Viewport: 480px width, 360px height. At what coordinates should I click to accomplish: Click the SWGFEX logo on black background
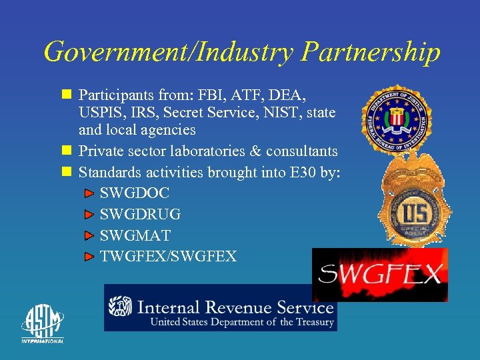379,275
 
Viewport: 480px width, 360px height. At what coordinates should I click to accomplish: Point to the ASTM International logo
42,323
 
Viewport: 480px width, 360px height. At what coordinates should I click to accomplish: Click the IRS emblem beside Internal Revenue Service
120,307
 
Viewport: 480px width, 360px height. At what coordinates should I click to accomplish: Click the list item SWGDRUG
140,215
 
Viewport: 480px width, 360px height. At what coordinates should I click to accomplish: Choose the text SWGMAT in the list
135,235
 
